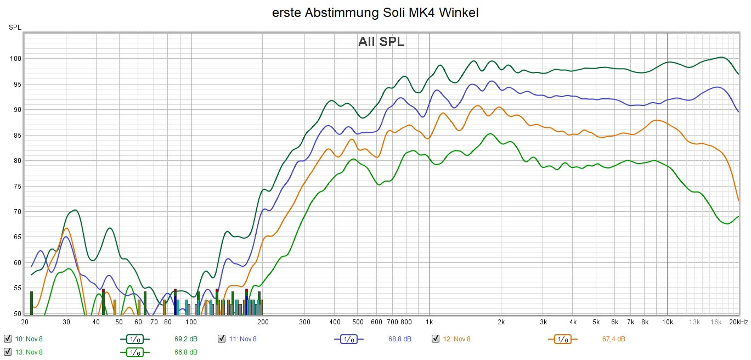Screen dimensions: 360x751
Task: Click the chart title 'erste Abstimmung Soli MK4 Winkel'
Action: click(375, 13)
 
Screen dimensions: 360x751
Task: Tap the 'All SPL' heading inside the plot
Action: click(381, 42)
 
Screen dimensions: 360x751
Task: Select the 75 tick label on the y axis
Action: click(16, 187)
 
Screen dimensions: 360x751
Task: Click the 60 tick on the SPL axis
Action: click(16, 263)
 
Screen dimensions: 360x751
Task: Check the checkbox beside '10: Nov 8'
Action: click(8, 339)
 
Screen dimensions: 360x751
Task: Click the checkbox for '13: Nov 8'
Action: click(8, 352)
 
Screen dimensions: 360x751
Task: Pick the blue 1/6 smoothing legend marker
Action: click(348, 339)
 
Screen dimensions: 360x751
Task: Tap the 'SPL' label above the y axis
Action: click(15, 27)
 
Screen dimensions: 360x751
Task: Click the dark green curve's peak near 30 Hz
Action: click(74, 210)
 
